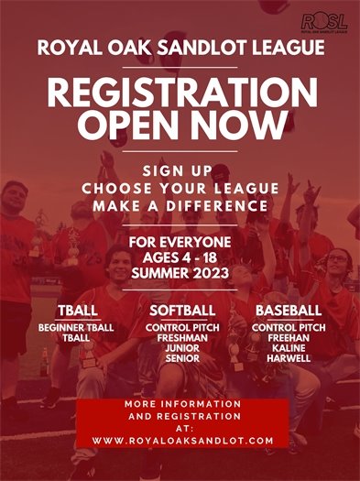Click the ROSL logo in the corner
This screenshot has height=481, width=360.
click(323, 22)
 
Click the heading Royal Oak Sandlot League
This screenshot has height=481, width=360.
click(180, 49)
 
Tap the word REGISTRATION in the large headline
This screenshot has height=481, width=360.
click(180, 94)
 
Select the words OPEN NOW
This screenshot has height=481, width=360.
click(180, 125)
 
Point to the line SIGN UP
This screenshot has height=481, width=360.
click(180, 171)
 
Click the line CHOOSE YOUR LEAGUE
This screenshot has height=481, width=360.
click(180, 189)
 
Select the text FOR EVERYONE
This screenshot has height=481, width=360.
click(180, 243)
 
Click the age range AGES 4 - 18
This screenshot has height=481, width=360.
click(180, 258)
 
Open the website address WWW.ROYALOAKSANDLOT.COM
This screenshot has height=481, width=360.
click(182, 441)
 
